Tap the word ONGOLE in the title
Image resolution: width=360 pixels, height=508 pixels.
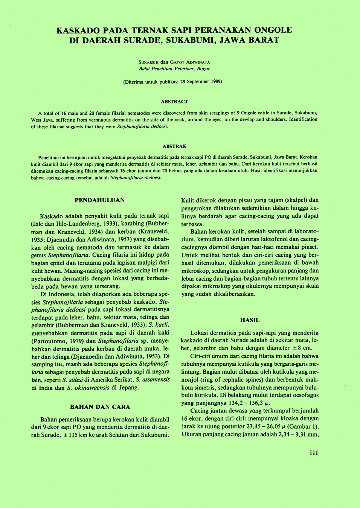[x=273, y=30]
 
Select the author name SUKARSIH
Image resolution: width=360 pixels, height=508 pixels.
[x=149, y=62]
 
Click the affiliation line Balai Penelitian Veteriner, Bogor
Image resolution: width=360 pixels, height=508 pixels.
[x=174, y=69]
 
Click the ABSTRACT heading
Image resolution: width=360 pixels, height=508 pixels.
[x=174, y=102]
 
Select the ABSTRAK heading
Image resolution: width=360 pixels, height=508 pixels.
[x=174, y=146]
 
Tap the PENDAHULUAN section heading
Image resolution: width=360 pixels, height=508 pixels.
[x=99, y=200]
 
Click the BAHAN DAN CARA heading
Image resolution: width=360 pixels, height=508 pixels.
[x=100, y=407]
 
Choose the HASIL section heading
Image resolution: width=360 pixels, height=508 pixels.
[x=250, y=320]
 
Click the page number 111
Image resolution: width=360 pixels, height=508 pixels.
[x=314, y=453]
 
